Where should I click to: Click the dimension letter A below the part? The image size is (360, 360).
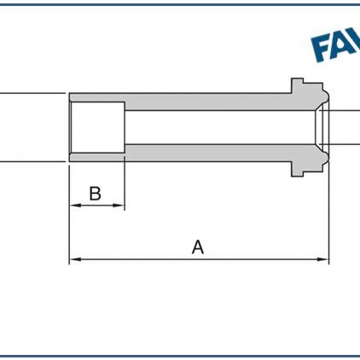coord(198,247)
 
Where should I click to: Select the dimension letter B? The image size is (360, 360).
coord(96,194)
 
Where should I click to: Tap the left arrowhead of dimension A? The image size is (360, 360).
coord(73,258)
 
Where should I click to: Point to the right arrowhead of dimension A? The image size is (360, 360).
coord(324,258)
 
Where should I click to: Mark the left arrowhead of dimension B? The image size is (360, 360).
coord(73,206)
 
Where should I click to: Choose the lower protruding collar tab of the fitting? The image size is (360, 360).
coord(297,170)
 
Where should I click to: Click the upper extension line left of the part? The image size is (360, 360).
coord(34,92)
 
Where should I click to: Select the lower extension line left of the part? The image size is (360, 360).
coord(34,160)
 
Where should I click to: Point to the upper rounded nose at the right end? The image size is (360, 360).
coord(323,95)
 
